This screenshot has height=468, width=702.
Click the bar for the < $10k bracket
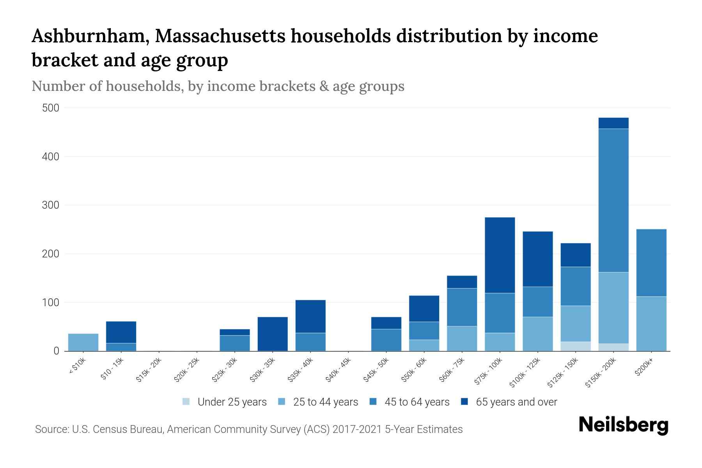pyautogui.click(x=83, y=342)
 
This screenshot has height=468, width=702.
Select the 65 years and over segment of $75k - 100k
pyautogui.click(x=500, y=255)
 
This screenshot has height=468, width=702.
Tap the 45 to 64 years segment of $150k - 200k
pyautogui.click(x=613, y=200)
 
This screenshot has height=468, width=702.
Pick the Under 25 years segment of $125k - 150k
pyautogui.click(x=575, y=346)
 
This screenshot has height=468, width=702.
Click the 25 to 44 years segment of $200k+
pyautogui.click(x=651, y=323)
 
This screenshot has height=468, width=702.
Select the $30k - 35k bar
pyautogui.click(x=273, y=334)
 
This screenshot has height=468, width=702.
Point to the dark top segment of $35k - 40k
pyautogui.click(x=310, y=316)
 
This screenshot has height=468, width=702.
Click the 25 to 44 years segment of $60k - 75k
pyautogui.click(x=462, y=338)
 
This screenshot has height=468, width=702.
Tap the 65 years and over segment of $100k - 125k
pyautogui.click(x=537, y=259)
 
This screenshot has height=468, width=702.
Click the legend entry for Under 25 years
pyautogui.click(x=225, y=402)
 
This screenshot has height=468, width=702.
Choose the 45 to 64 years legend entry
pyautogui.click(x=409, y=402)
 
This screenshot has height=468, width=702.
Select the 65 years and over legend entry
pyautogui.click(x=509, y=402)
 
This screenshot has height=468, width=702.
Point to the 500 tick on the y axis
pyautogui.click(x=51, y=108)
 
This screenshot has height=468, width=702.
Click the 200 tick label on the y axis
pyautogui.click(x=51, y=254)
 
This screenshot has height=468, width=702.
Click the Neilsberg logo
pyautogui.click(x=623, y=425)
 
